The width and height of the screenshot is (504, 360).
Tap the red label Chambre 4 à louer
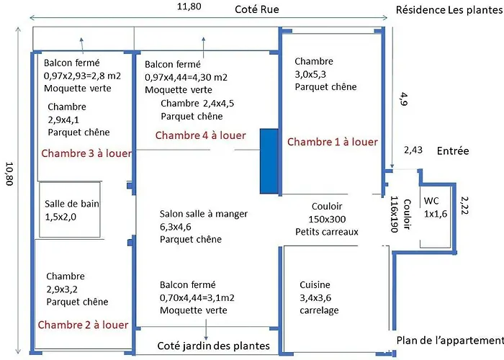click(x=200, y=135)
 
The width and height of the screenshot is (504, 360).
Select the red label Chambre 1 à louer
click(x=332, y=142)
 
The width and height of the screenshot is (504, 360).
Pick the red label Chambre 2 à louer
click(x=83, y=325)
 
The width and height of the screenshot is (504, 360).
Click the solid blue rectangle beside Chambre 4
click(x=269, y=161)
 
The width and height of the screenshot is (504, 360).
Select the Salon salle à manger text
click(x=203, y=214)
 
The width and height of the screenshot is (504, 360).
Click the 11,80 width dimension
click(x=189, y=6)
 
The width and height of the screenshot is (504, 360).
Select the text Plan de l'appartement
click(x=449, y=341)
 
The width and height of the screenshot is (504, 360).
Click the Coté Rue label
click(x=256, y=9)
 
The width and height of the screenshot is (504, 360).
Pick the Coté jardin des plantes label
click(x=213, y=346)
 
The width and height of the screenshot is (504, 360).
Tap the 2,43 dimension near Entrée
click(x=413, y=150)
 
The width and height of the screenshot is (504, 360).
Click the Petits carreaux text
click(x=327, y=231)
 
